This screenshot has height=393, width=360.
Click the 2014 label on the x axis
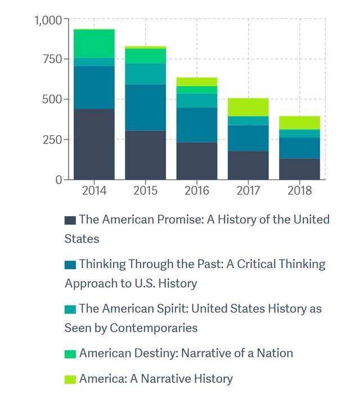[x=94, y=190]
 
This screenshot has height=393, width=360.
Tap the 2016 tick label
[x=197, y=190]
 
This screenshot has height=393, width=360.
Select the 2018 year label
[x=299, y=190]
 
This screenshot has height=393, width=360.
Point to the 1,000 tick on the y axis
[x=48, y=21]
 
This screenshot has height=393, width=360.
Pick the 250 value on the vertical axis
[x=52, y=140]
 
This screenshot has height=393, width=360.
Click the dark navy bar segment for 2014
[x=94, y=144]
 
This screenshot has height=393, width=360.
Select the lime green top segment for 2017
[x=248, y=107]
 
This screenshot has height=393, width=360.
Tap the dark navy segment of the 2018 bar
[x=299, y=169]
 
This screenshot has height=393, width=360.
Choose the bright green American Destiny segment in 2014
[x=94, y=43]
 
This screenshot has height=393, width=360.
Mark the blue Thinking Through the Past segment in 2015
[x=146, y=108]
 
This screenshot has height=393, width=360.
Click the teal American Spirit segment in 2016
[x=197, y=101]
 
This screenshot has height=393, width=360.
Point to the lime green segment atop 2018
[x=299, y=123]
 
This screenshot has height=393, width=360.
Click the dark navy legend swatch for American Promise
[x=70, y=220]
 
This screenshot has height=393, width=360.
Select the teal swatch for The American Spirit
[x=70, y=309]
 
